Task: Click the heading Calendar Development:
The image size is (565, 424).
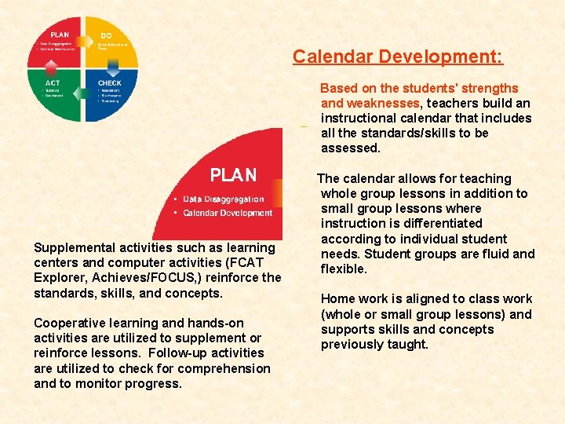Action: click(x=398, y=57)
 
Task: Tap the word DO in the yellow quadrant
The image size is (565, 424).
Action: click(x=106, y=35)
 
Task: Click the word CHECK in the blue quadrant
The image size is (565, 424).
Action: click(x=109, y=82)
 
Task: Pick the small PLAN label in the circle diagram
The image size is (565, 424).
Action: click(x=60, y=35)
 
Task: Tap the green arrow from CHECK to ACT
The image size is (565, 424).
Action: click(x=83, y=119)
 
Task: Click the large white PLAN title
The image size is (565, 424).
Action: click(x=233, y=174)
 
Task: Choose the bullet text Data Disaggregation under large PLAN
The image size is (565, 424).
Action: click(x=224, y=199)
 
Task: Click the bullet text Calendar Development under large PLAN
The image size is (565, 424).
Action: click(x=228, y=213)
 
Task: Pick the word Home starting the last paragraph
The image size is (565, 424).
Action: click(x=338, y=299)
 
